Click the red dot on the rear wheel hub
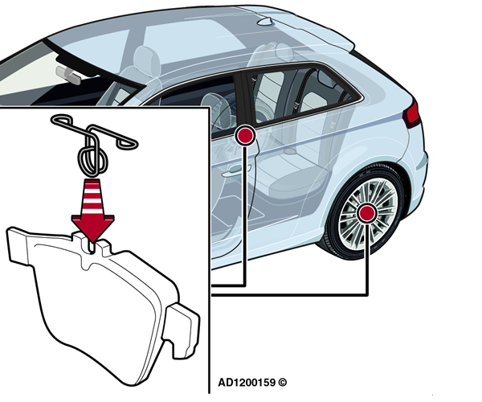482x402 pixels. click(366, 213)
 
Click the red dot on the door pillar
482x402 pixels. click(245, 136)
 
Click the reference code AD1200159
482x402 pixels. click(247, 383)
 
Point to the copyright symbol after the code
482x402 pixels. click(282, 383)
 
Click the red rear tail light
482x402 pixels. click(412, 114)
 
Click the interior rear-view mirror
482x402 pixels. click(68, 75)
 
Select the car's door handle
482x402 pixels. click(236, 171)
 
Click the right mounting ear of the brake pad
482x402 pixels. click(182, 330)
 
